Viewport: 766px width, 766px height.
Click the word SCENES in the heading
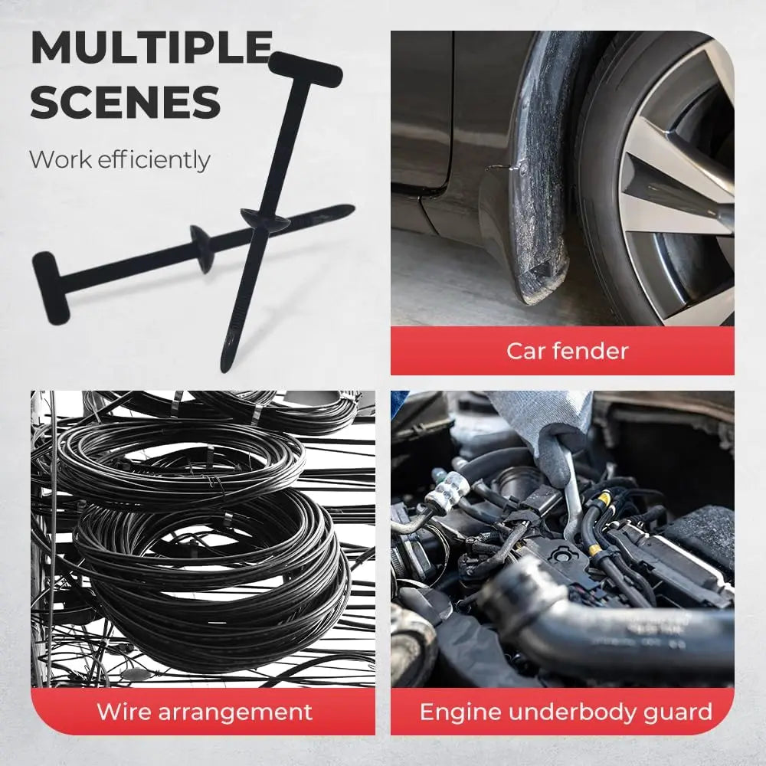coord(126,101)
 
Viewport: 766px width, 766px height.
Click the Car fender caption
coord(567,352)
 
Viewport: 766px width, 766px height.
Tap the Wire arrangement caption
coord(204,712)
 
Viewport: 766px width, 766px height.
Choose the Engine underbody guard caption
coord(565,712)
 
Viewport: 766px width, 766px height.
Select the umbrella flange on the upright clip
coord(265,219)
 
